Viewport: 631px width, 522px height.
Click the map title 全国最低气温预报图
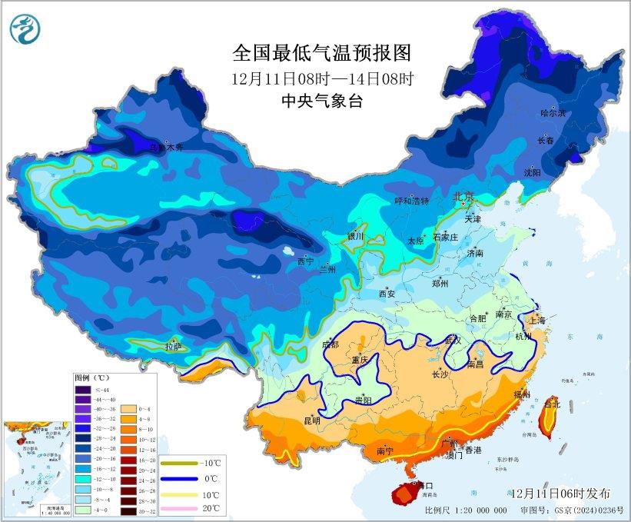click(322, 53)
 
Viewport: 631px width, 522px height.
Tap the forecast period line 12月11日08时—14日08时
click(322, 78)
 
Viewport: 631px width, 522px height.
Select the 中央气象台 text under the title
click(322, 101)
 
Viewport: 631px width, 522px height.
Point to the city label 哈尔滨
click(552, 113)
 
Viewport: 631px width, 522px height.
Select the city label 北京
click(463, 196)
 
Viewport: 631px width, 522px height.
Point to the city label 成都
click(330, 344)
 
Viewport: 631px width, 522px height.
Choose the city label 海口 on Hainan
click(424, 486)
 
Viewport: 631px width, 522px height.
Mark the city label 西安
click(387, 293)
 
